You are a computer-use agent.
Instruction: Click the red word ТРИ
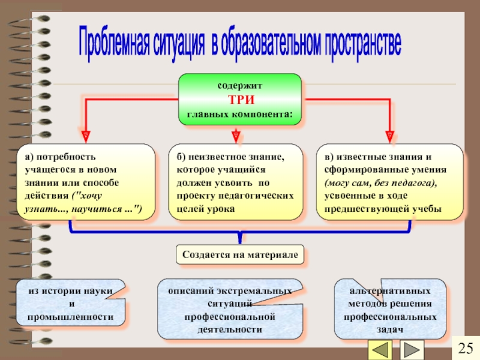click(240, 100)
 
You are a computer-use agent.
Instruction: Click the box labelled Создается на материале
click(240, 255)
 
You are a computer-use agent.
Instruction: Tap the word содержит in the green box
click(240, 86)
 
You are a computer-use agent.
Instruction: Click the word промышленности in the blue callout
click(71, 316)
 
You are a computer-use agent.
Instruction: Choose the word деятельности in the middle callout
click(230, 329)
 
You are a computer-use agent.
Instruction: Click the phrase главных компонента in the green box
click(240, 113)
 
